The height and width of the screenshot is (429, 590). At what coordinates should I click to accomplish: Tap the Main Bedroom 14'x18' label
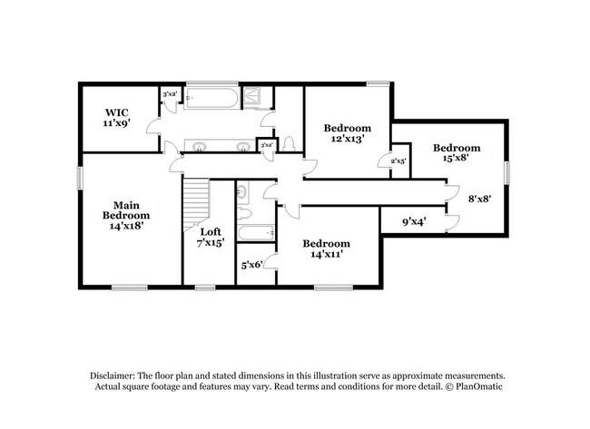point(125,215)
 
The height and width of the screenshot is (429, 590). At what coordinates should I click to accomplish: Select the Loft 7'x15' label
point(210,238)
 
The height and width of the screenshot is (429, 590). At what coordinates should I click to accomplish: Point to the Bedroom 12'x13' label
point(348,133)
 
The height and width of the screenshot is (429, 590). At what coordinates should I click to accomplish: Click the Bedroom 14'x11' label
point(326,249)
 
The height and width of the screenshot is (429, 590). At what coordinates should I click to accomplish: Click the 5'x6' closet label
point(251,265)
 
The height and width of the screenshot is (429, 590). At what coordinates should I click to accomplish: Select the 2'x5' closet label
point(398,161)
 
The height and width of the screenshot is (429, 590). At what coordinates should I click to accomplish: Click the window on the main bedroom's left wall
point(79,177)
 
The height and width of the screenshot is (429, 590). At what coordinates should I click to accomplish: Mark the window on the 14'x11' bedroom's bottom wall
point(332,288)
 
